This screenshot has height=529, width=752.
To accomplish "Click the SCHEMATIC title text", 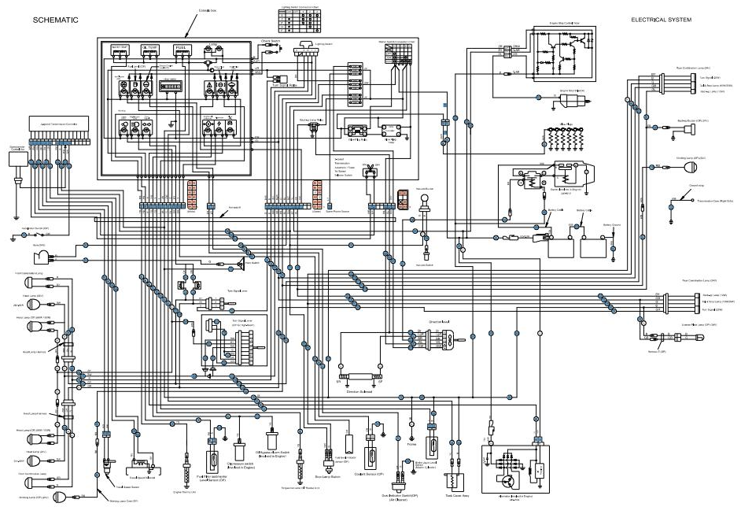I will click(x=55, y=20).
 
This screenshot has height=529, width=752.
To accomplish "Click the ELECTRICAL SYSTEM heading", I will click(x=661, y=20).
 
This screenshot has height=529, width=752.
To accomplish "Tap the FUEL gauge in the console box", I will click(x=180, y=49).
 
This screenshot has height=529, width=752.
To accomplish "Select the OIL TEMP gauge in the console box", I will click(x=149, y=49).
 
